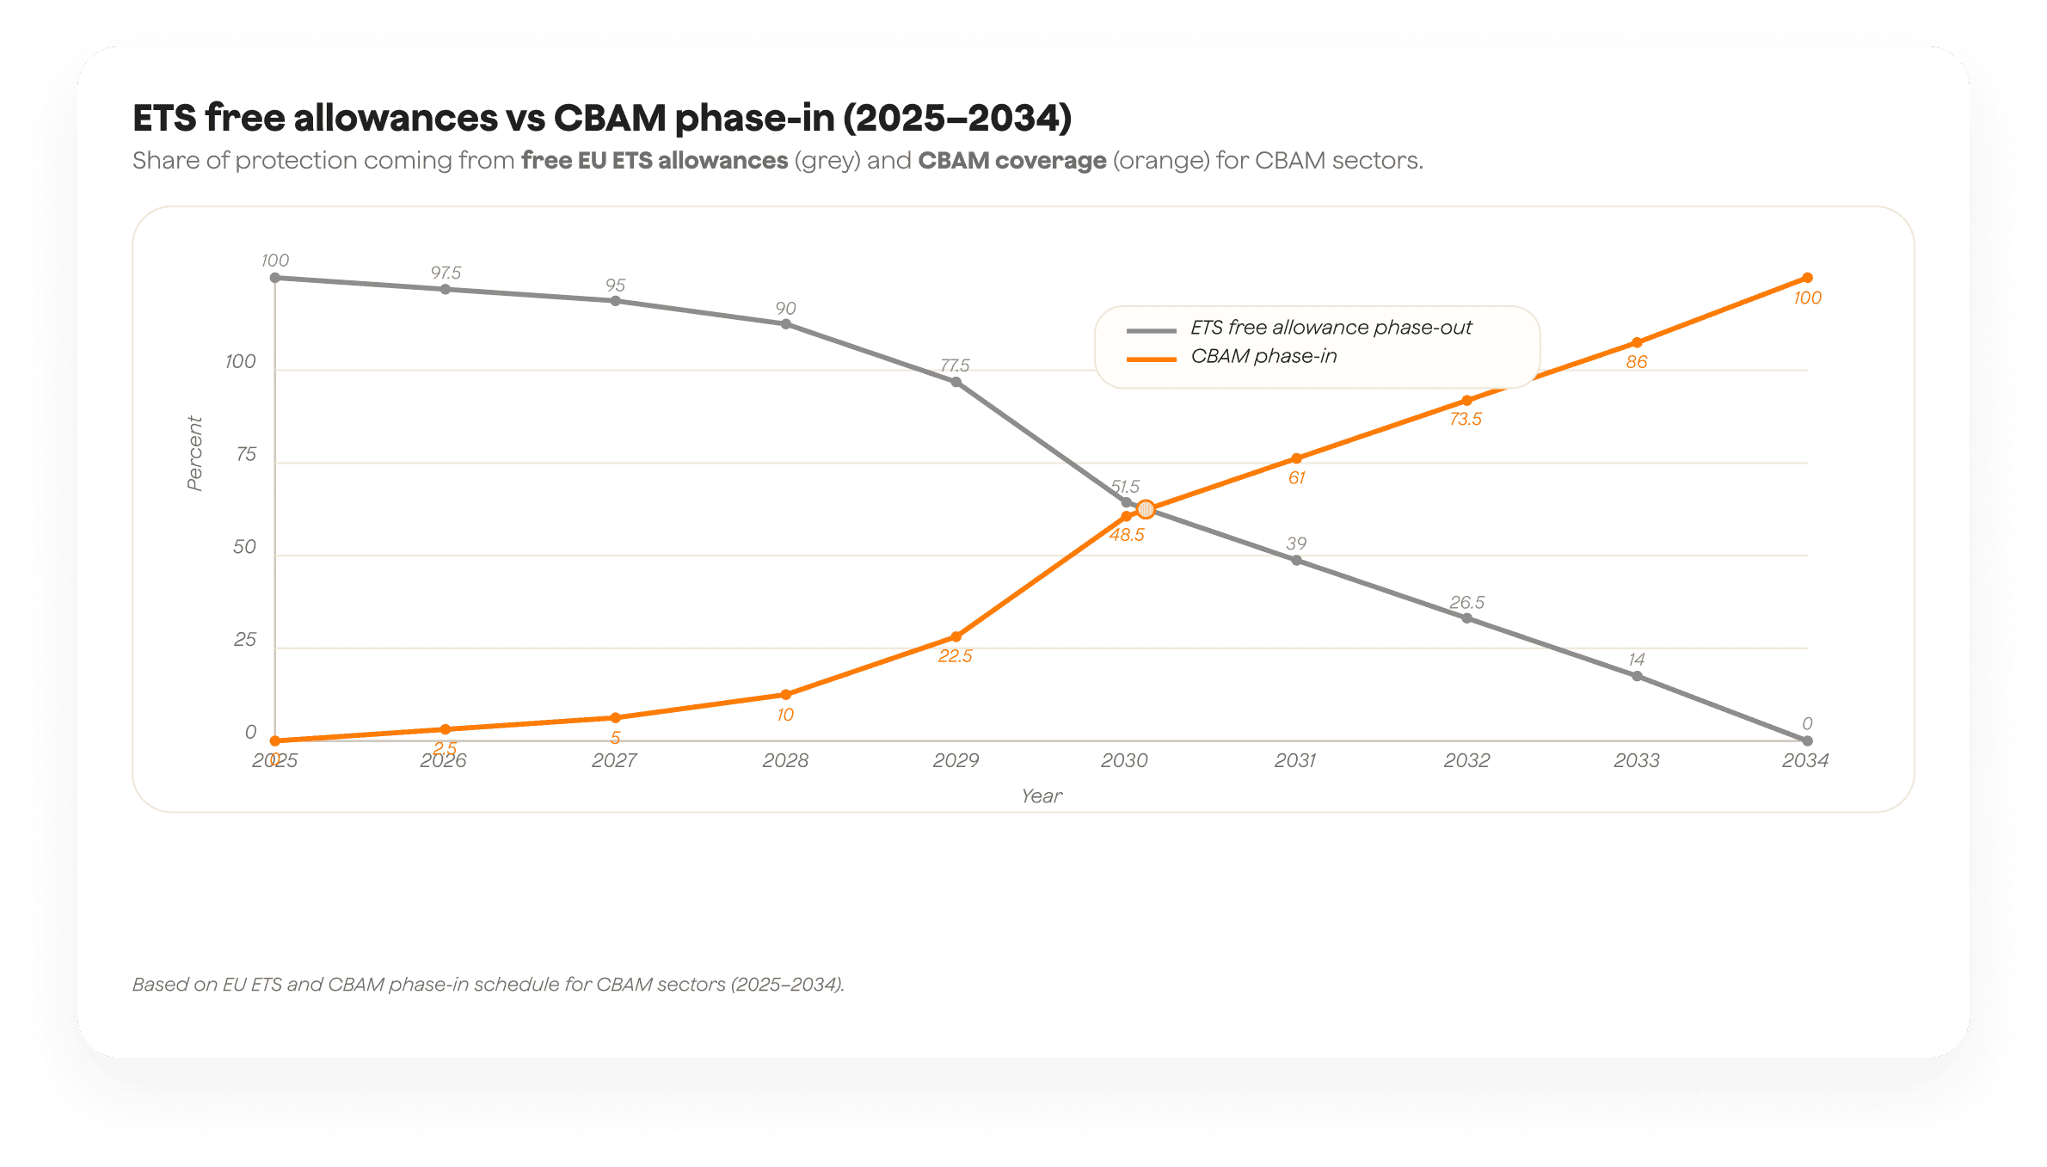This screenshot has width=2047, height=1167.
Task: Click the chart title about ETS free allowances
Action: [x=602, y=118]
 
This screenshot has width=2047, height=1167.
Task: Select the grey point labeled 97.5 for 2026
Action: [x=446, y=289]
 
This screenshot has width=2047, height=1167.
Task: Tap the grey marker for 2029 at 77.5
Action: [x=956, y=382]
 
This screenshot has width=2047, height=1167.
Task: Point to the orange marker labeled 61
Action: [x=1296, y=458]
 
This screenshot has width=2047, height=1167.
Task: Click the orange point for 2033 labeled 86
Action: [x=1637, y=342]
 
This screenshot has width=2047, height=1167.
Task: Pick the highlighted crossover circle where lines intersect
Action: [x=1146, y=509]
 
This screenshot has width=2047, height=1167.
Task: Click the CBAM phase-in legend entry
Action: [x=1263, y=356]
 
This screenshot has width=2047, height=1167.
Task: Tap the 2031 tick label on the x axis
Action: [x=1295, y=760]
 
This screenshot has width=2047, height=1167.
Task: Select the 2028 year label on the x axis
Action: [x=785, y=760]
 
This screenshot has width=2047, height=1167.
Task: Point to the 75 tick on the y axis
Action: [x=246, y=454]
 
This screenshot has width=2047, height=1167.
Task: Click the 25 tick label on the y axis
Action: [x=245, y=640]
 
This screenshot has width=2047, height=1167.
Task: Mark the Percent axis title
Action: [x=195, y=453]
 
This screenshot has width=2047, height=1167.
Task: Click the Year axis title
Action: [x=1042, y=796]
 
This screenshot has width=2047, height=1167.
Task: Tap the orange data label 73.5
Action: [x=1466, y=420]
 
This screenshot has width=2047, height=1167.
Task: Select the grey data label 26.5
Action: [x=1466, y=602]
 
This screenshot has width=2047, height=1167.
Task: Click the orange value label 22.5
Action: [x=955, y=656]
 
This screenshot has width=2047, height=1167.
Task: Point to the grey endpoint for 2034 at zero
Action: [x=1807, y=740]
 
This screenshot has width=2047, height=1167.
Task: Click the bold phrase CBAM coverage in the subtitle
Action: [x=1011, y=161]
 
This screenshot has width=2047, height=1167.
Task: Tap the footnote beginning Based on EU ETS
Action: [x=489, y=985]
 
